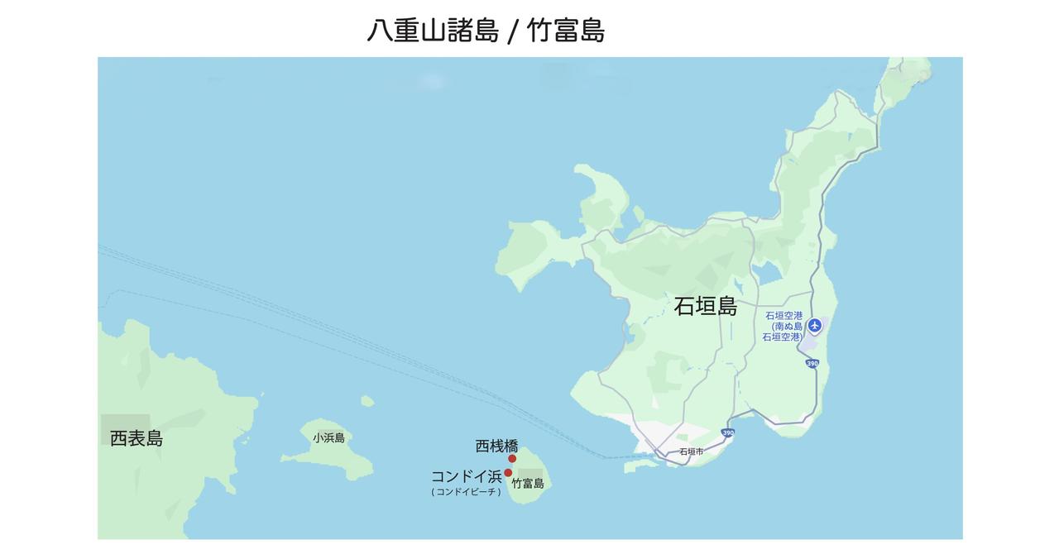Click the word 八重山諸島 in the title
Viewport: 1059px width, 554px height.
[x=433, y=31]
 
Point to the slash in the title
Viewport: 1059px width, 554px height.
[x=513, y=31]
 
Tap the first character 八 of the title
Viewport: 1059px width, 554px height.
[x=380, y=31]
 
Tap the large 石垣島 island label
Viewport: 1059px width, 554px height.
[x=705, y=306]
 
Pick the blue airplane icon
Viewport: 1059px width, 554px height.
[x=815, y=325]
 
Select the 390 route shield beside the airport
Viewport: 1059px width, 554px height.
[x=812, y=364]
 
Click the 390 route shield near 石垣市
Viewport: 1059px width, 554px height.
[x=727, y=432]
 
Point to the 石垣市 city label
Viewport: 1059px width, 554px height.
[x=691, y=452]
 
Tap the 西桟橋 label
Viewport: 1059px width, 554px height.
[x=496, y=447]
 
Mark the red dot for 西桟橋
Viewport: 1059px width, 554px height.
[x=512, y=459]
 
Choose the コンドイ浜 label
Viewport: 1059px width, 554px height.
[x=466, y=476]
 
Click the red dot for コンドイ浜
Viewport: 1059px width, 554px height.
[x=508, y=473]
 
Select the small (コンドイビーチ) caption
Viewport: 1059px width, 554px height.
[x=466, y=492]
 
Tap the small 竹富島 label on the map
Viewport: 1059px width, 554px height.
[x=528, y=484]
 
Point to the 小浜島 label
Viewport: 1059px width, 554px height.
[x=328, y=438]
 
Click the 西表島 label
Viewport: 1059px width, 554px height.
[x=137, y=438]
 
